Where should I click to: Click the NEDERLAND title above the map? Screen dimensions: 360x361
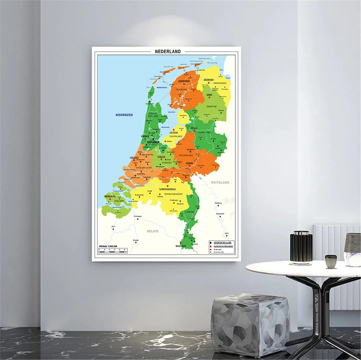168,52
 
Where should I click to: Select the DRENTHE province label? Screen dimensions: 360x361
211,106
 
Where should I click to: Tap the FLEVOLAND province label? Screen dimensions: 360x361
176,136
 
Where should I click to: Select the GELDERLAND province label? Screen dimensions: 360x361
186,155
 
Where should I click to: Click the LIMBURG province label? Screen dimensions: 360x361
190,212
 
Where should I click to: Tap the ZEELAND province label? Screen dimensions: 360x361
119,201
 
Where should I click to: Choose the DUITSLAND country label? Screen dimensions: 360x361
220,182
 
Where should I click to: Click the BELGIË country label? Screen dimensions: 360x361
153,231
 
